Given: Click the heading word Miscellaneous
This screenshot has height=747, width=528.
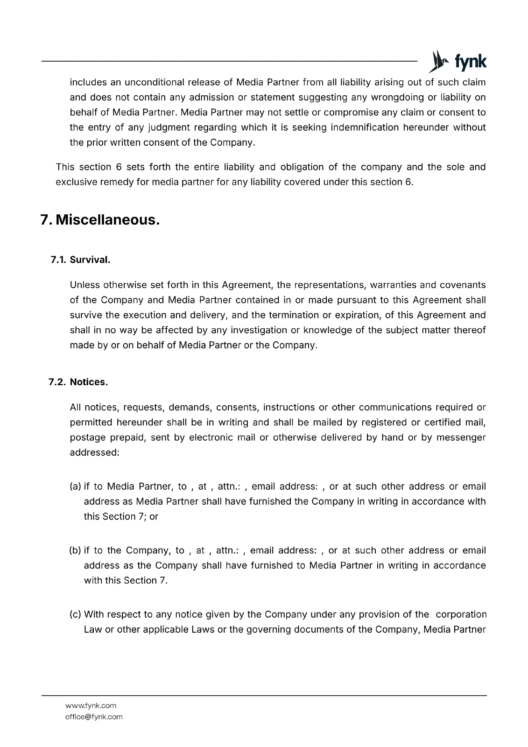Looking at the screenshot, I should point(108,219).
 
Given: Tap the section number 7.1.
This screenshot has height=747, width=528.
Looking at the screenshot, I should point(59,260).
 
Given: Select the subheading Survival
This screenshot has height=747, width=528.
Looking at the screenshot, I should point(90,260).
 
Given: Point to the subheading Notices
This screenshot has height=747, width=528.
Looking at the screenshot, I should point(89,382).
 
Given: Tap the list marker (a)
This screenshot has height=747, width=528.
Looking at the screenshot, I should point(75,486).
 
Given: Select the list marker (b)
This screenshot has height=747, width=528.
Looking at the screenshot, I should point(75,550).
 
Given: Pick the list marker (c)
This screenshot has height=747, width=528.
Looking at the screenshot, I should point(75,614).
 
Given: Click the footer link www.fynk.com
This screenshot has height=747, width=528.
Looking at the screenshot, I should point(91,705).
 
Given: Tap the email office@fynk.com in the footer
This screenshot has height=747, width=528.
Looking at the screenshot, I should point(94,717).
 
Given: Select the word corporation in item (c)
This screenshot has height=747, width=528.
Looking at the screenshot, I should point(461,614).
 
